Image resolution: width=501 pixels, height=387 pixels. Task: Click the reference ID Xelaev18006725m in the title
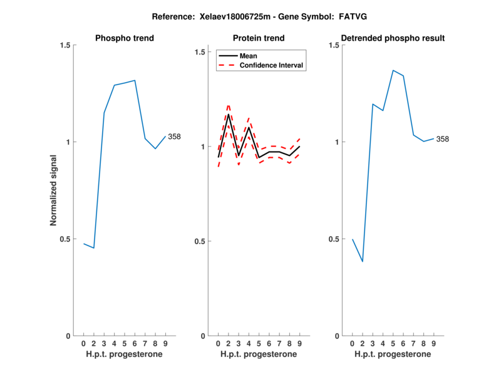click(x=220, y=16)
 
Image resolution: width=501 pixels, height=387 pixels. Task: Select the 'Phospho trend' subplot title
click(x=124, y=38)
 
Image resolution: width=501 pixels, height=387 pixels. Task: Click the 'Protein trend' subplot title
click(x=259, y=38)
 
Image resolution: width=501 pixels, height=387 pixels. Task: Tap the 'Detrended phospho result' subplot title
click(x=393, y=38)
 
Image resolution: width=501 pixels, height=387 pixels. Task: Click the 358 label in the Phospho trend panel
click(x=174, y=137)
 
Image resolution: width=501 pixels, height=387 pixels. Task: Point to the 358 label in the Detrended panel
click(x=443, y=139)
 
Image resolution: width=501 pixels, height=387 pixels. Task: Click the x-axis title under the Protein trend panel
click(x=259, y=354)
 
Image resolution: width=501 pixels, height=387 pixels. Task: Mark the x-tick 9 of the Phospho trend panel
click(x=165, y=344)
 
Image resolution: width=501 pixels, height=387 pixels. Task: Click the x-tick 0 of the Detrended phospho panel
click(x=352, y=344)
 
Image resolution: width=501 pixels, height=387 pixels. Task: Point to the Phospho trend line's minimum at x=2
click(x=93, y=248)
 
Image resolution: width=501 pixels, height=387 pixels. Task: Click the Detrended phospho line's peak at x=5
click(x=393, y=70)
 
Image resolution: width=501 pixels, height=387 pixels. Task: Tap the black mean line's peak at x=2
click(x=228, y=114)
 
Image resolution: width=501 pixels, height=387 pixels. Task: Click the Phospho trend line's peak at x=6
click(x=135, y=80)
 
